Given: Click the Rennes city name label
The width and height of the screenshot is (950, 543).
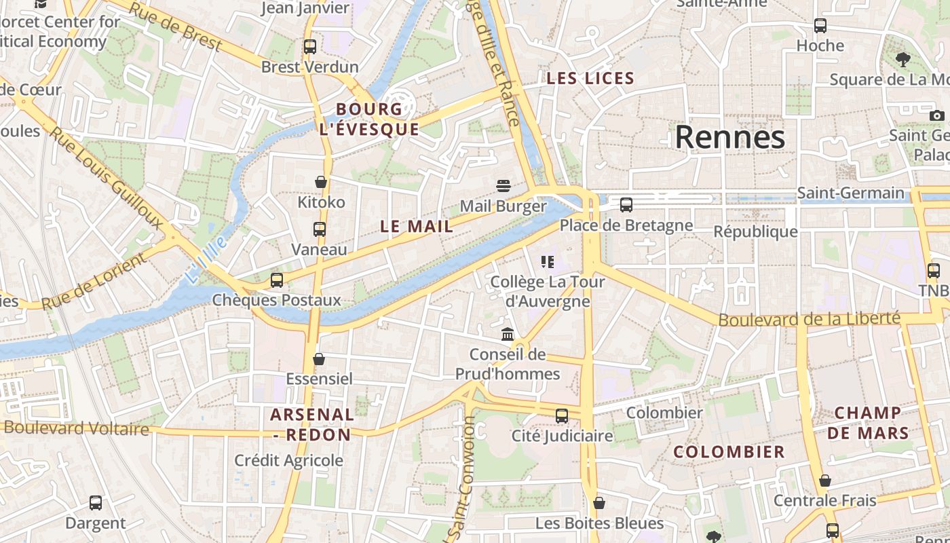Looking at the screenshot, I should (729, 137).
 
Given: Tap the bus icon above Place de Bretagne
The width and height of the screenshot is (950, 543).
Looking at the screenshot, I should (626, 204).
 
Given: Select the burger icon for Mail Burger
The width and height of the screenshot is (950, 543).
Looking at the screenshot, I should (503, 185).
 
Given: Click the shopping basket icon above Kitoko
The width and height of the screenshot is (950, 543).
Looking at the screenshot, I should (321, 182).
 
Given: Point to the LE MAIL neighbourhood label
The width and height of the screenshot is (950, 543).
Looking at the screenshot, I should (417, 227).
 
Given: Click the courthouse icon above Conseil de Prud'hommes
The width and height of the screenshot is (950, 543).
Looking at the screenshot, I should (507, 334).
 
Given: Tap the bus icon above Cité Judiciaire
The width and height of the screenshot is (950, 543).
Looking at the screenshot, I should (562, 415).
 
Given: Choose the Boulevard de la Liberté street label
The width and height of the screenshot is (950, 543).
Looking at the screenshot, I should (809, 318).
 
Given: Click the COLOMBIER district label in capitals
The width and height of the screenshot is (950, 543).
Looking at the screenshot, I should (729, 452).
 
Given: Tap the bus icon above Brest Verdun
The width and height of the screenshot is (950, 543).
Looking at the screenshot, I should (310, 47).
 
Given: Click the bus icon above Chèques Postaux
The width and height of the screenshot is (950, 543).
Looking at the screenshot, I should (276, 280).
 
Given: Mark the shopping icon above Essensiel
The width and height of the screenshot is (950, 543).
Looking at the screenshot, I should (319, 358).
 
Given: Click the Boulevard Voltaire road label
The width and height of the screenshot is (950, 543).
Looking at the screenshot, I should (76, 428).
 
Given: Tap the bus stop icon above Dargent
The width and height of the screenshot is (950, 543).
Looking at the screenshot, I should (96, 503).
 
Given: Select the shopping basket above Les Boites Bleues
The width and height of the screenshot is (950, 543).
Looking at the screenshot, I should (599, 503).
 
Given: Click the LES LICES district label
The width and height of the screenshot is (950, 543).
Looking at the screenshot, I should (590, 79).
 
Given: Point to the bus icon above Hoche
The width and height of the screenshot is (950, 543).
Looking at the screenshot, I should (820, 26).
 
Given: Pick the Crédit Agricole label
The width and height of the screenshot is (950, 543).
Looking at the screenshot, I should (289, 461).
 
